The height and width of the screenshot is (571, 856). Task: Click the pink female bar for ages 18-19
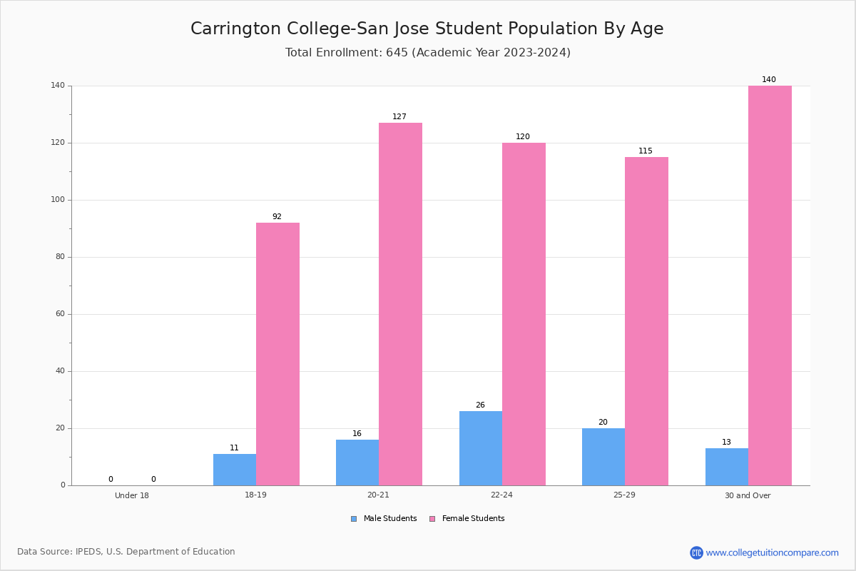(x=277, y=354)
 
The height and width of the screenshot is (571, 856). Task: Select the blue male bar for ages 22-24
(x=481, y=449)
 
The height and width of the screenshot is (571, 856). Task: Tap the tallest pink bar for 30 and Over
(x=770, y=285)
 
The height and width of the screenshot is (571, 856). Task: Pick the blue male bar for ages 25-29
(x=603, y=457)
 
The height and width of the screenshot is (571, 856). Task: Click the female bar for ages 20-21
(x=400, y=305)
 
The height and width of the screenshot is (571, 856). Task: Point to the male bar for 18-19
(x=235, y=470)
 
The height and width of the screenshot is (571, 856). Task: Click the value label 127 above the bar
(x=399, y=116)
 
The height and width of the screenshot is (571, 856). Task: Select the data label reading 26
(x=480, y=405)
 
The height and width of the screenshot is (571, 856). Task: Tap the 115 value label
(x=646, y=151)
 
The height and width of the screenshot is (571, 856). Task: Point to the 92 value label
(x=277, y=216)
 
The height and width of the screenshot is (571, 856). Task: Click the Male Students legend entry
(x=384, y=519)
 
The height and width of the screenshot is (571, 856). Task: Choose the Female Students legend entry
(x=467, y=519)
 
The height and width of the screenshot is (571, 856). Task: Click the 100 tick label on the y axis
(x=58, y=200)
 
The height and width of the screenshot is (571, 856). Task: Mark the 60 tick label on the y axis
(x=61, y=313)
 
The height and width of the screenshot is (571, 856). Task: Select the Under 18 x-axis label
(x=132, y=495)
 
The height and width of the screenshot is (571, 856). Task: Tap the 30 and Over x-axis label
(x=748, y=495)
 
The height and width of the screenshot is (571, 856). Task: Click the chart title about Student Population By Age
(x=427, y=29)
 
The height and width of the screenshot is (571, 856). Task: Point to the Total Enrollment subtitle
(x=428, y=52)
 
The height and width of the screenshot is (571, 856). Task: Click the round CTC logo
(x=696, y=552)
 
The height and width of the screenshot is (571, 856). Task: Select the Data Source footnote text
(x=126, y=552)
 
